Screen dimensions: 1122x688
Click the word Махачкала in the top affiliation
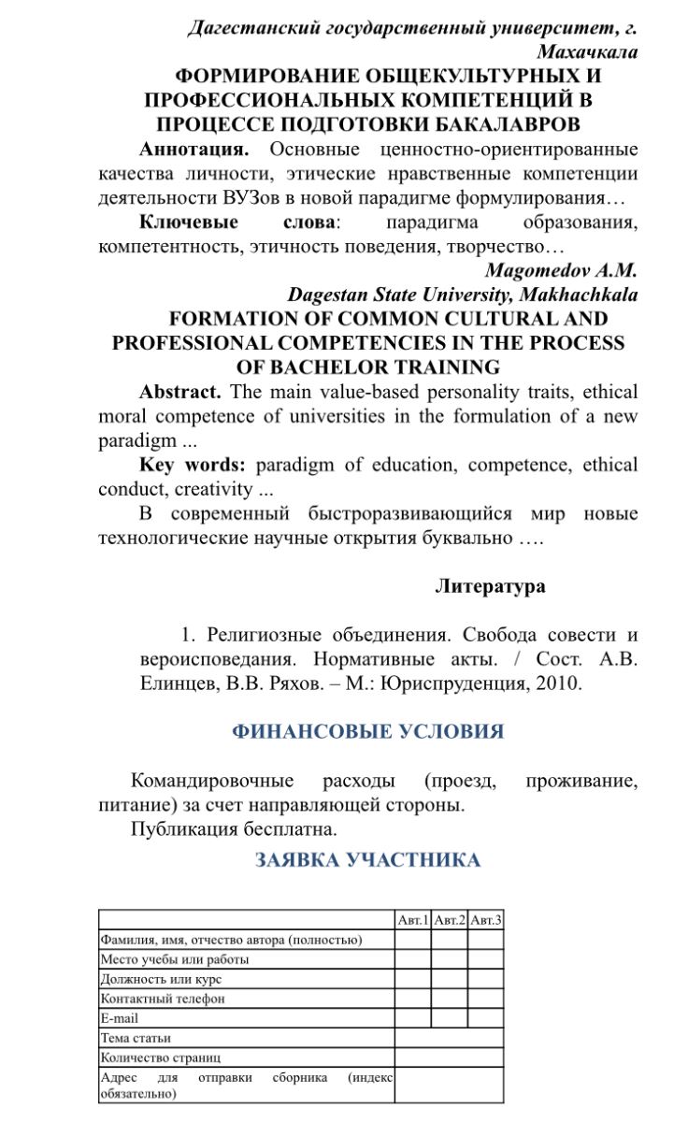[x=587, y=52]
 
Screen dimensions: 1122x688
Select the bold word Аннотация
[x=193, y=150]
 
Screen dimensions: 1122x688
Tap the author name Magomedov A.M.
[x=561, y=271]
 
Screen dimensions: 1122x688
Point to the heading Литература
[x=490, y=586]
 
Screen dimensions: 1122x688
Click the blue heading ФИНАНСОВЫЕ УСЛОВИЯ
[x=367, y=731]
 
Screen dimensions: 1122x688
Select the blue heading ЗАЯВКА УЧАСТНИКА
[x=367, y=860]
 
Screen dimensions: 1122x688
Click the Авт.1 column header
[x=412, y=920]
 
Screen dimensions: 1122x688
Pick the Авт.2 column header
[x=449, y=920]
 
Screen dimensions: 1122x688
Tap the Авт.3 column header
[x=486, y=920]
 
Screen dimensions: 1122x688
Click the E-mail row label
[x=120, y=1018]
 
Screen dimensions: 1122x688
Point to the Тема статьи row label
[x=136, y=1038]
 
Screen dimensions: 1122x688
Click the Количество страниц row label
[x=161, y=1057]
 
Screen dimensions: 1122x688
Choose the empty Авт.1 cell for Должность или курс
[x=412, y=979]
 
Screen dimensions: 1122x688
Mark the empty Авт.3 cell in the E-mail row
[x=486, y=1018]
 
